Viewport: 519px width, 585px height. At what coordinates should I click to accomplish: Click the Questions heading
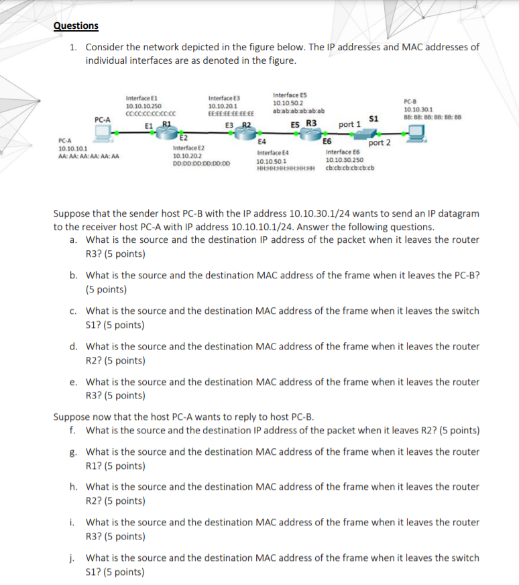point(76,25)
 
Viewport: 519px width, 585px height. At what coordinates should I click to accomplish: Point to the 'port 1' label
point(349,124)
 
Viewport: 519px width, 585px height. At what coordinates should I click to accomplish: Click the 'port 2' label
point(380,142)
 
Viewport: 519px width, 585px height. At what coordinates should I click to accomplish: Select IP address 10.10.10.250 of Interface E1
point(143,106)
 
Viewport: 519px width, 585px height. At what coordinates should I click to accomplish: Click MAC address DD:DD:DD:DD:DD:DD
point(201,163)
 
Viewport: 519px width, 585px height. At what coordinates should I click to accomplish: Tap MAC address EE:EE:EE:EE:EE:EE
point(231,113)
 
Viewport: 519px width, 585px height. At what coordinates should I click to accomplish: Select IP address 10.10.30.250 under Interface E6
point(344,160)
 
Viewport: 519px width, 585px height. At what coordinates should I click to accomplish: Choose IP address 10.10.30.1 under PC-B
point(418,109)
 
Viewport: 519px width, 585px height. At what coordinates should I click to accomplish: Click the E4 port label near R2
point(263,142)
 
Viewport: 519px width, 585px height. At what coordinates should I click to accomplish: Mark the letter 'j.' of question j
point(73,557)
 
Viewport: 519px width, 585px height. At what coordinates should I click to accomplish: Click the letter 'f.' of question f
point(72,430)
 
